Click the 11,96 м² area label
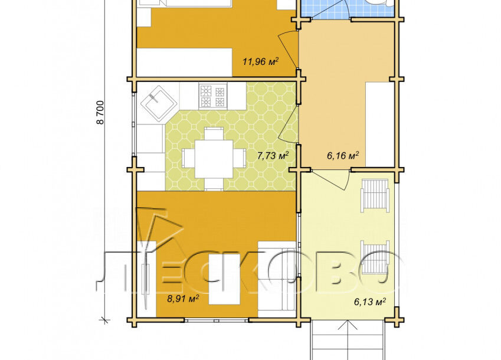[260, 61]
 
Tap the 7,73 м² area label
[273, 156]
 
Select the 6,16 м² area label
[342, 156]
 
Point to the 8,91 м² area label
[183, 299]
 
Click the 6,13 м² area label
[369, 302]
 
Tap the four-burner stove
[213, 96]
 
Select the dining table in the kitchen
[214, 158]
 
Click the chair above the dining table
[214, 133]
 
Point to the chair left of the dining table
[188, 158]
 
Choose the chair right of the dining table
[240, 158]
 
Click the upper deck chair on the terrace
[375, 195]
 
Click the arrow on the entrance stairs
[348, 340]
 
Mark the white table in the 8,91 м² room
[224, 279]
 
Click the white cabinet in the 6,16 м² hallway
[379, 125]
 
